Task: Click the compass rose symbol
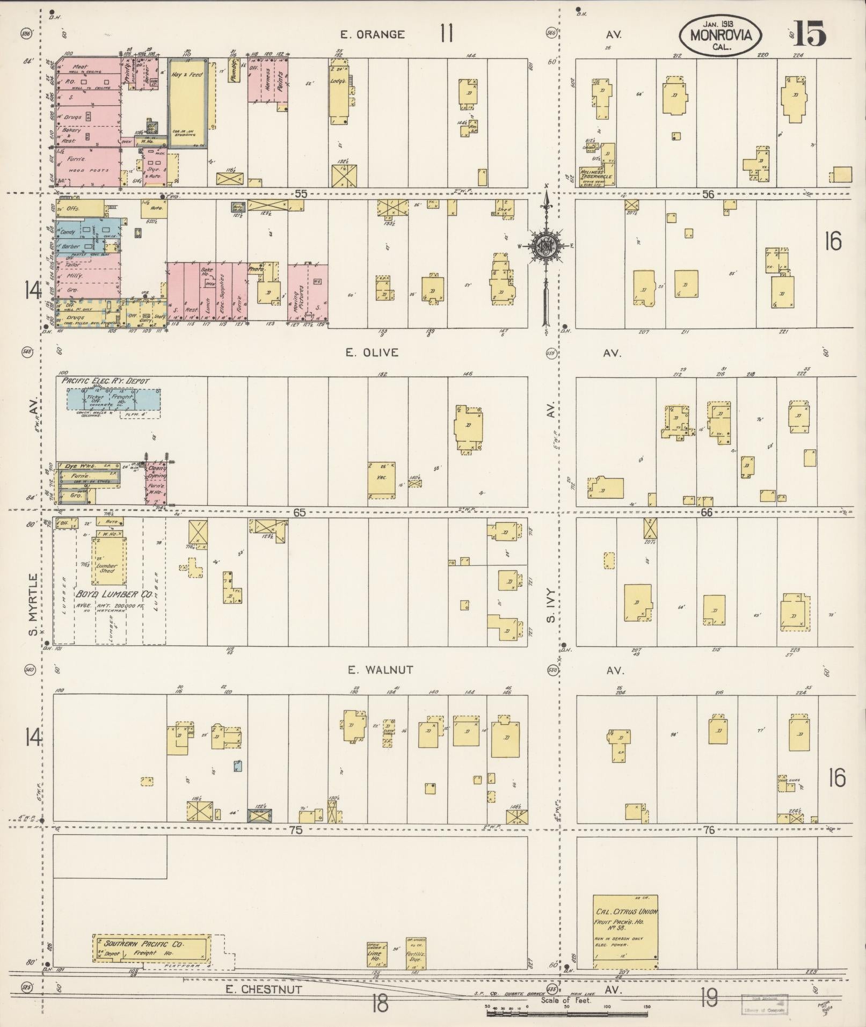point(546,245)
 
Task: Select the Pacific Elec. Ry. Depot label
point(105,381)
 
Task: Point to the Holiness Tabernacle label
point(596,175)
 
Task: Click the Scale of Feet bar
point(567,1014)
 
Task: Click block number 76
point(709,830)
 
